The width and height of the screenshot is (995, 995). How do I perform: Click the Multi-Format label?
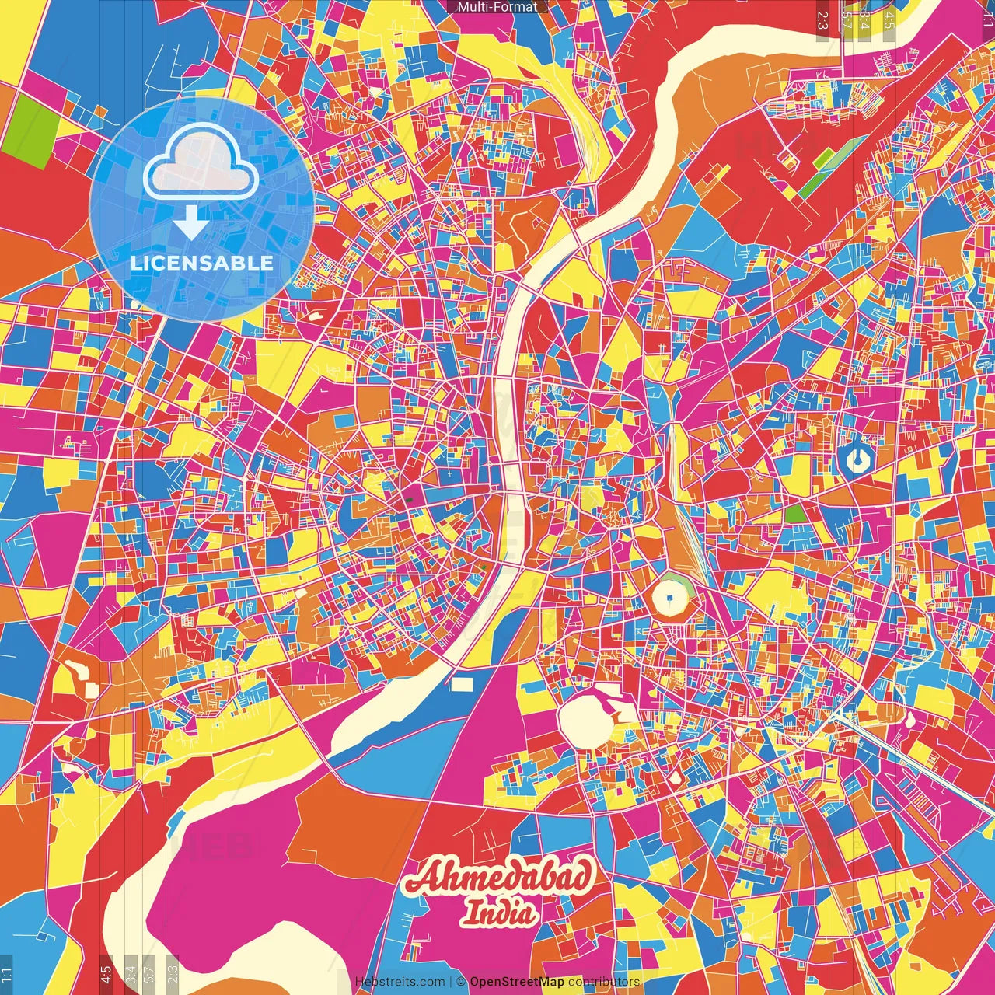tap(497, 7)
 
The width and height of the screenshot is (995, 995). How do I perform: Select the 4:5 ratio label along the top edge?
tap(889, 19)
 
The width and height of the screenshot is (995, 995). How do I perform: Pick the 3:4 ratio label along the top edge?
tap(865, 19)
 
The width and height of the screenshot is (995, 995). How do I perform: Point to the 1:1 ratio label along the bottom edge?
tap(6, 974)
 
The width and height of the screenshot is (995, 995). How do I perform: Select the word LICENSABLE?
tap(202, 263)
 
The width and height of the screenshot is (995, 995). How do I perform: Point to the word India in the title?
tap(501, 913)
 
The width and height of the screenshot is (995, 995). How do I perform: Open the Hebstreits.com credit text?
tap(400, 982)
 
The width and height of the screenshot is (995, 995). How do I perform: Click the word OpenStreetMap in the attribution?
tap(517, 982)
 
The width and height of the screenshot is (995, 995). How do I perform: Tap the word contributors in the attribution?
tap(604, 982)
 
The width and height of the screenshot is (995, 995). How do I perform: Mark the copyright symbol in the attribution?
tap(461, 982)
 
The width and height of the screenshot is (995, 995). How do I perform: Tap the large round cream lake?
tap(585, 720)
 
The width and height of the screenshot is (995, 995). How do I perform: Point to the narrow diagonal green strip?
tap(826, 170)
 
